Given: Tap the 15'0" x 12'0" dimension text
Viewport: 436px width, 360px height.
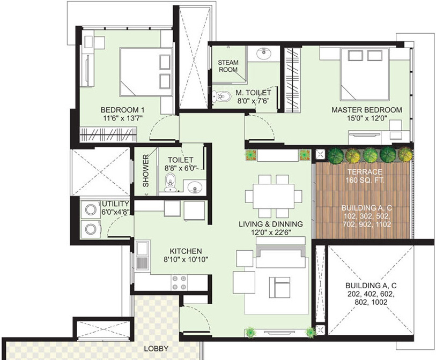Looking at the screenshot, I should click(366, 119).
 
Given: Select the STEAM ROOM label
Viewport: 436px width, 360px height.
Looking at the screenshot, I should click(228, 66).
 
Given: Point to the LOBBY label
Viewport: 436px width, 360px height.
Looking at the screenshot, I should click(156, 348).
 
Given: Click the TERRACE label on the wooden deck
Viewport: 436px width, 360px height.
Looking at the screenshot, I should click(364, 172).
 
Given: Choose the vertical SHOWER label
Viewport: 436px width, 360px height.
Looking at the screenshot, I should click(146, 171).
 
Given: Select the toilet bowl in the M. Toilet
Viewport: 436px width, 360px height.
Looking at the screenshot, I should click(216, 97).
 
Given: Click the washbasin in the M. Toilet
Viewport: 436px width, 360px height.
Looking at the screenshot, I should click(263, 54).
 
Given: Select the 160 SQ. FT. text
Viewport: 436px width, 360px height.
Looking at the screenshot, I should click(364, 181).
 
